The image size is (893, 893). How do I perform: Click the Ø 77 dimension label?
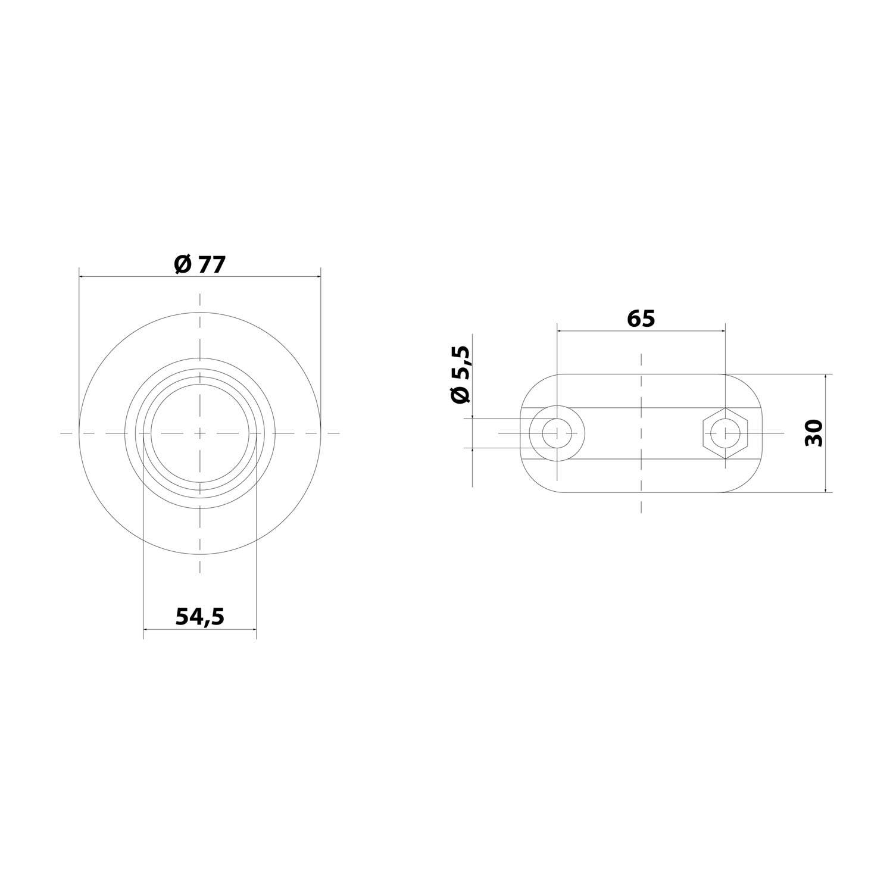(x=200, y=264)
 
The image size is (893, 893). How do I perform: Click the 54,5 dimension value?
(x=200, y=617)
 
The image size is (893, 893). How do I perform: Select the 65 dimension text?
(x=641, y=319)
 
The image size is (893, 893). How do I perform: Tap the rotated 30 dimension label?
(x=814, y=433)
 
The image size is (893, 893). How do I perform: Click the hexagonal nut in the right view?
(x=725, y=433)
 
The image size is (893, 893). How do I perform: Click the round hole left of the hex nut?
(x=557, y=433)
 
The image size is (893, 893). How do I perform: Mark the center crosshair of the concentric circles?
(x=200, y=433)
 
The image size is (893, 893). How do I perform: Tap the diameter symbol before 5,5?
(x=461, y=394)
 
